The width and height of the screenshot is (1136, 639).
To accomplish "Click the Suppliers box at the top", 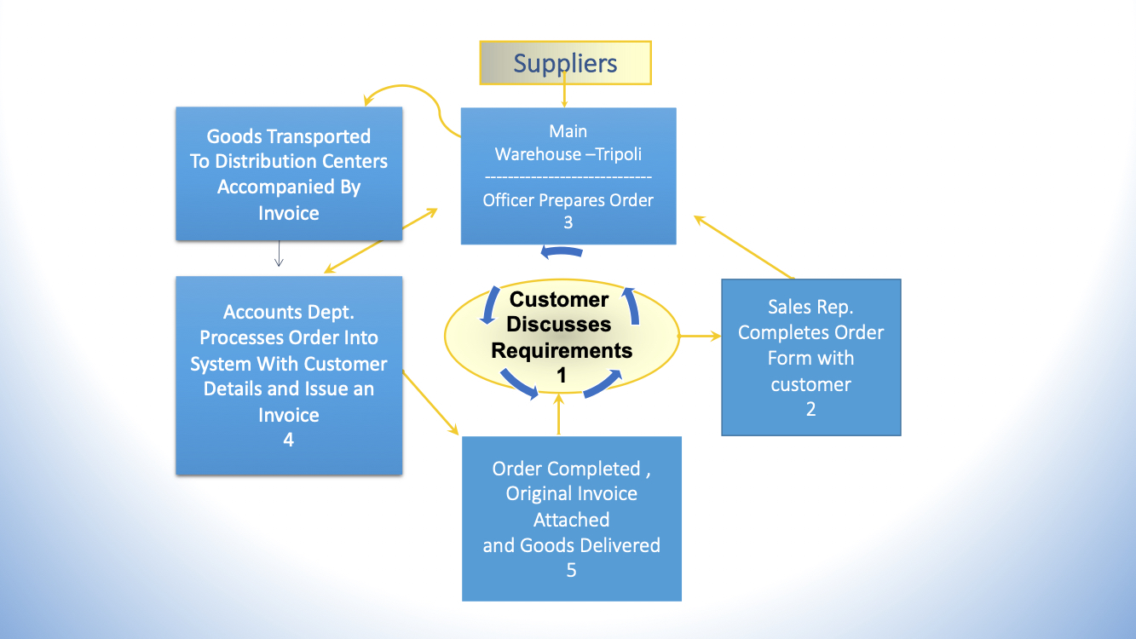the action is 566,63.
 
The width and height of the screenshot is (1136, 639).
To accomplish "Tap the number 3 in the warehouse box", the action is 568,222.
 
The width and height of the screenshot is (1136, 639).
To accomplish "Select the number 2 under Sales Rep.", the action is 811,409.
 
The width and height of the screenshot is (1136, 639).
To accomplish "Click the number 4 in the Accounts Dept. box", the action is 289,440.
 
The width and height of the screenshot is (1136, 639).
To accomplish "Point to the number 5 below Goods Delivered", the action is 571,571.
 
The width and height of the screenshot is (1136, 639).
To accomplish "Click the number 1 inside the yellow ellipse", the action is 562,376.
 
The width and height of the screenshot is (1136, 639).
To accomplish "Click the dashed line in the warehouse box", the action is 568,177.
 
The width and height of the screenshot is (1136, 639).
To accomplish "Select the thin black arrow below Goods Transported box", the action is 279,253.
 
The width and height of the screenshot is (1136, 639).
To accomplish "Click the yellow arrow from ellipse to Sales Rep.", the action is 700,336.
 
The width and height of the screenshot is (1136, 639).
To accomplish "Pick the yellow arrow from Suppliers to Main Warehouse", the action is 564,90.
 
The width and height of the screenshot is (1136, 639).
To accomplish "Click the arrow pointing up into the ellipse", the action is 558,414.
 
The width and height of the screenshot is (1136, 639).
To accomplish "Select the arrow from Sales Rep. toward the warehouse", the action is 744,247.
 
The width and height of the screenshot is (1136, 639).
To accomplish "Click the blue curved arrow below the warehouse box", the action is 562,251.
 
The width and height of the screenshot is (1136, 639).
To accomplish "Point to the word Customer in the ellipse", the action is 559,299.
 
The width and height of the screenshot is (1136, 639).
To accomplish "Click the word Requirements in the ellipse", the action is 562,350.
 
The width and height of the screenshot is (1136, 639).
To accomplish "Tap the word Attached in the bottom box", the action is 571,520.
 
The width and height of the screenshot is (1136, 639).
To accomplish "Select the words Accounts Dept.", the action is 289,312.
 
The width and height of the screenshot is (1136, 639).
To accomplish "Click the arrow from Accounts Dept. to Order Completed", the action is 430,403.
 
